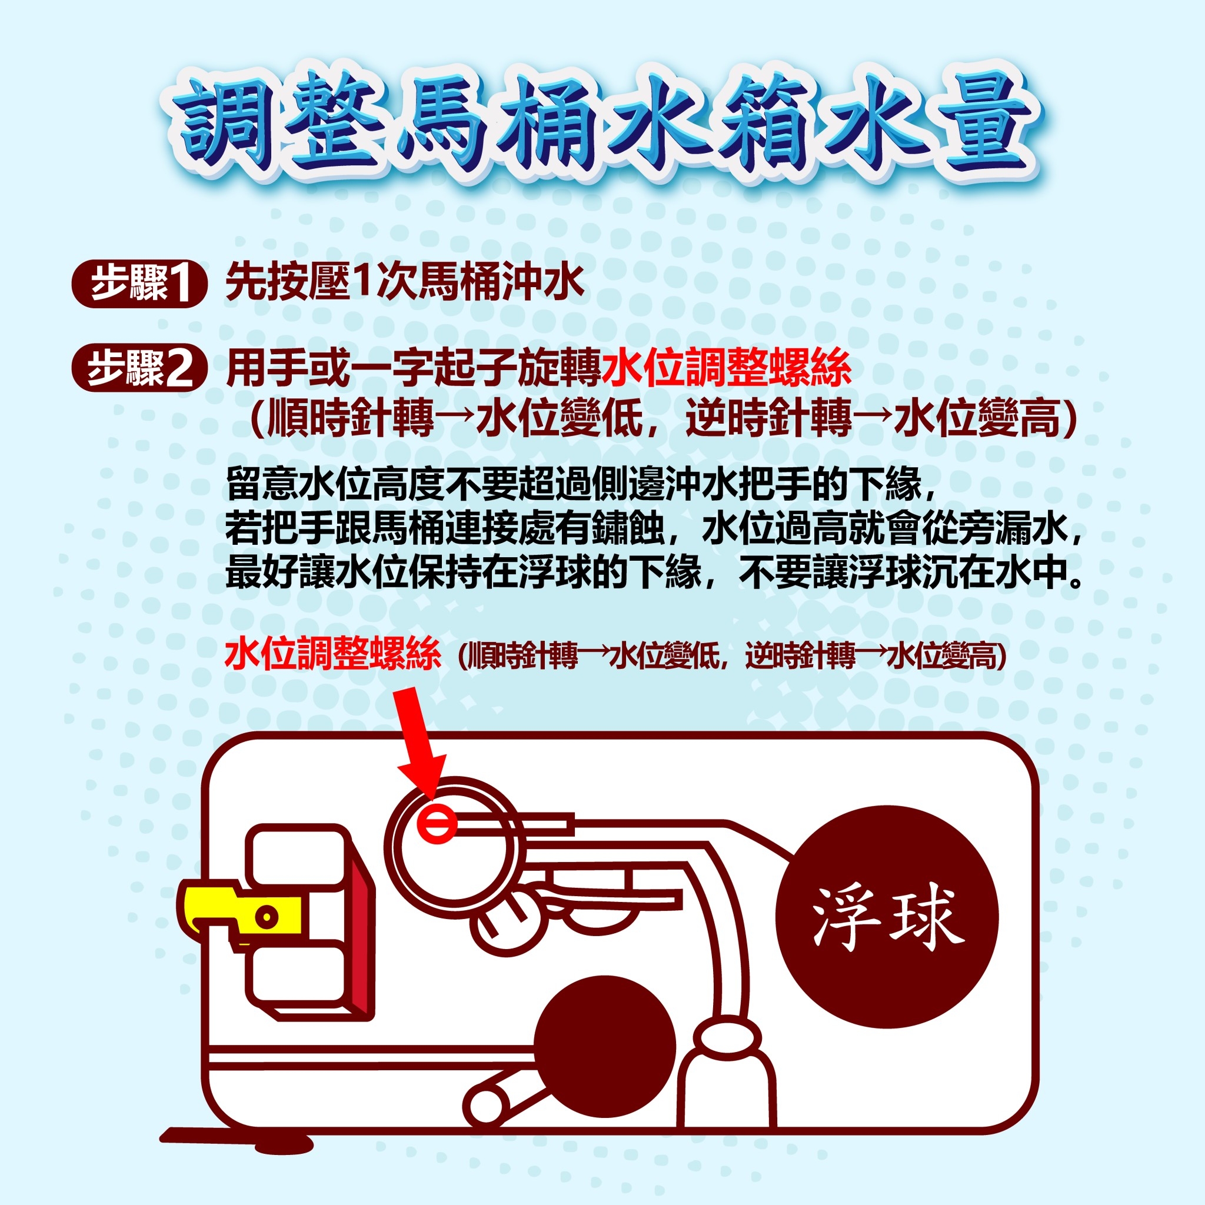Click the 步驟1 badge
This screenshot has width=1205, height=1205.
pos(139,284)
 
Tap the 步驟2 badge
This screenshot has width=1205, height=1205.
pos(139,368)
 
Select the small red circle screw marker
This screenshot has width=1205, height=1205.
pos(437,823)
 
